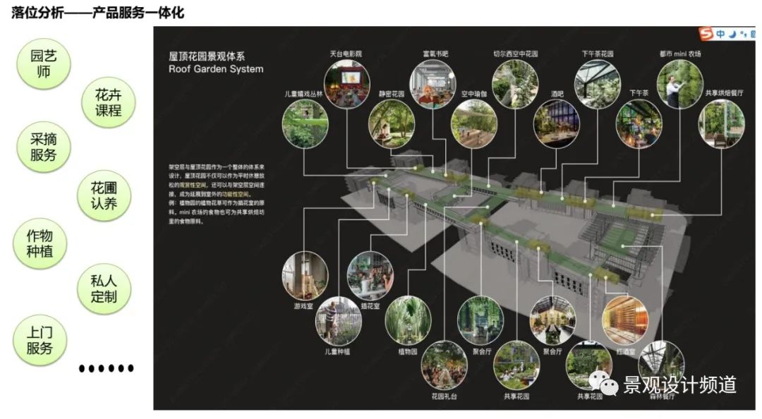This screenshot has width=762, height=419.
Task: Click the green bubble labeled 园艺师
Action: pyautogui.click(x=44, y=63)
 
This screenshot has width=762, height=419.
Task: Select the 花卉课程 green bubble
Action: pyautogui.click(x=108, y=102)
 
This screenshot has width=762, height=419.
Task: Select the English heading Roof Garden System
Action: pyautogui.click(x=215, y=69)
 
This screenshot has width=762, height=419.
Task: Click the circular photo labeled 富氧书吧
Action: pyautogui.click(x=434, y=83)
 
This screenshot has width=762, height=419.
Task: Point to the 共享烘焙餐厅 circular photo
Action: pyautogui.click(x=720, y=125)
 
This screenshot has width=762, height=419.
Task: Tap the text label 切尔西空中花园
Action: pyautogui.click(x=515, y=54)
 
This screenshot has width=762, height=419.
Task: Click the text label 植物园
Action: pyautogui.click(x=408, y=351)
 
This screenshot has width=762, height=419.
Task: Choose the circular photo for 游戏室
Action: pyautogui.click(x=304, y=276)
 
